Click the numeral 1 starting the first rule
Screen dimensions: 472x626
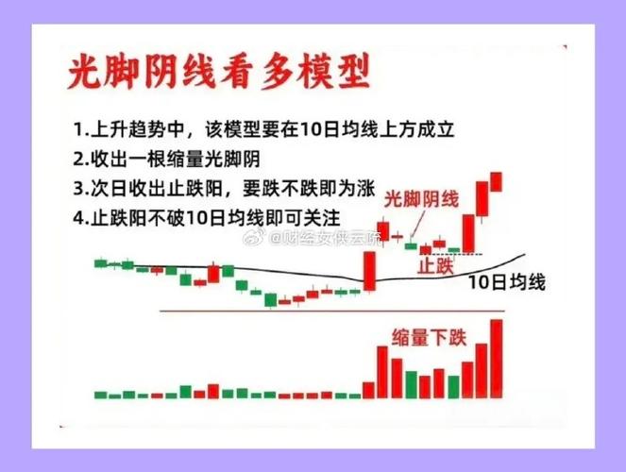pyautogui.click(x=76, y=128)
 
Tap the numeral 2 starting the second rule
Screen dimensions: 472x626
pyautogui.click(x=76, y=158)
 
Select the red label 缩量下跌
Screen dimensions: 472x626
pyautogui.click(x=429, y=336)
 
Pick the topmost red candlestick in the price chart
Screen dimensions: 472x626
pyautogui.click(x=497, y=181)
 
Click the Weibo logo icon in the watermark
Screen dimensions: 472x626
pyautogui.click(x=256, y=242)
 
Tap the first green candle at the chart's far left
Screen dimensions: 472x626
pyautogui.click(x=101, y=262)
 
